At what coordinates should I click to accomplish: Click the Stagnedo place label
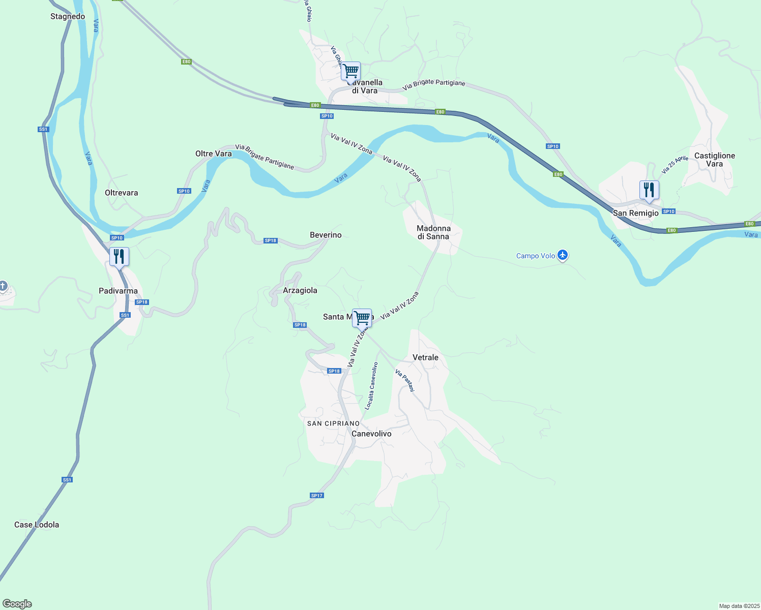[68, 16]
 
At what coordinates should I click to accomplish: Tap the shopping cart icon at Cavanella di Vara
[350, 72]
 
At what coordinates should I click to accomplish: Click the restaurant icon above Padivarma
[119, 257]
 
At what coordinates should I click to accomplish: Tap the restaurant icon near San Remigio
[649, 190]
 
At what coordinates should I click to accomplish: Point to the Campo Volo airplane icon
[562, 255]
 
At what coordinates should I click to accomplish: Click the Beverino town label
[326, 235]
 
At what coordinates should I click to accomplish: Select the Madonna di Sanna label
[433, 232]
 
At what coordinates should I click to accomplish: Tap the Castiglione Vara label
[714, 160]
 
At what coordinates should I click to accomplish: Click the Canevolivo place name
[371, 434]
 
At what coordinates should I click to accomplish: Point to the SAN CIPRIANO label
[333, 423]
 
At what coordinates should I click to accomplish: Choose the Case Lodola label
[37, 525]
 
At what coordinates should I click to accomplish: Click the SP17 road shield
[316, 496]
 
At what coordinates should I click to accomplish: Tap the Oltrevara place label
[121, 193]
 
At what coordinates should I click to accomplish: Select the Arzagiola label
[300, 290]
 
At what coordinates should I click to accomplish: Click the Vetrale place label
[425, 357]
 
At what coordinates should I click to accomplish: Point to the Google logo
[17, 604]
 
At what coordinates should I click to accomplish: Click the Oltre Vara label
[213, 154]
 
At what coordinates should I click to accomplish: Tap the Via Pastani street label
[405, 380]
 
